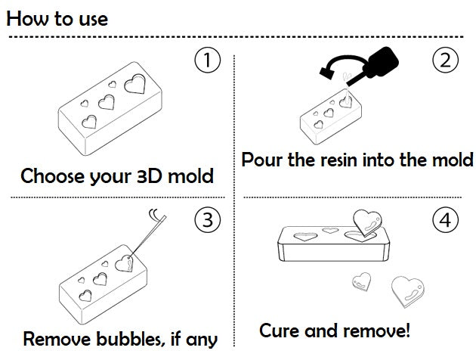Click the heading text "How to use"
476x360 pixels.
57,18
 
